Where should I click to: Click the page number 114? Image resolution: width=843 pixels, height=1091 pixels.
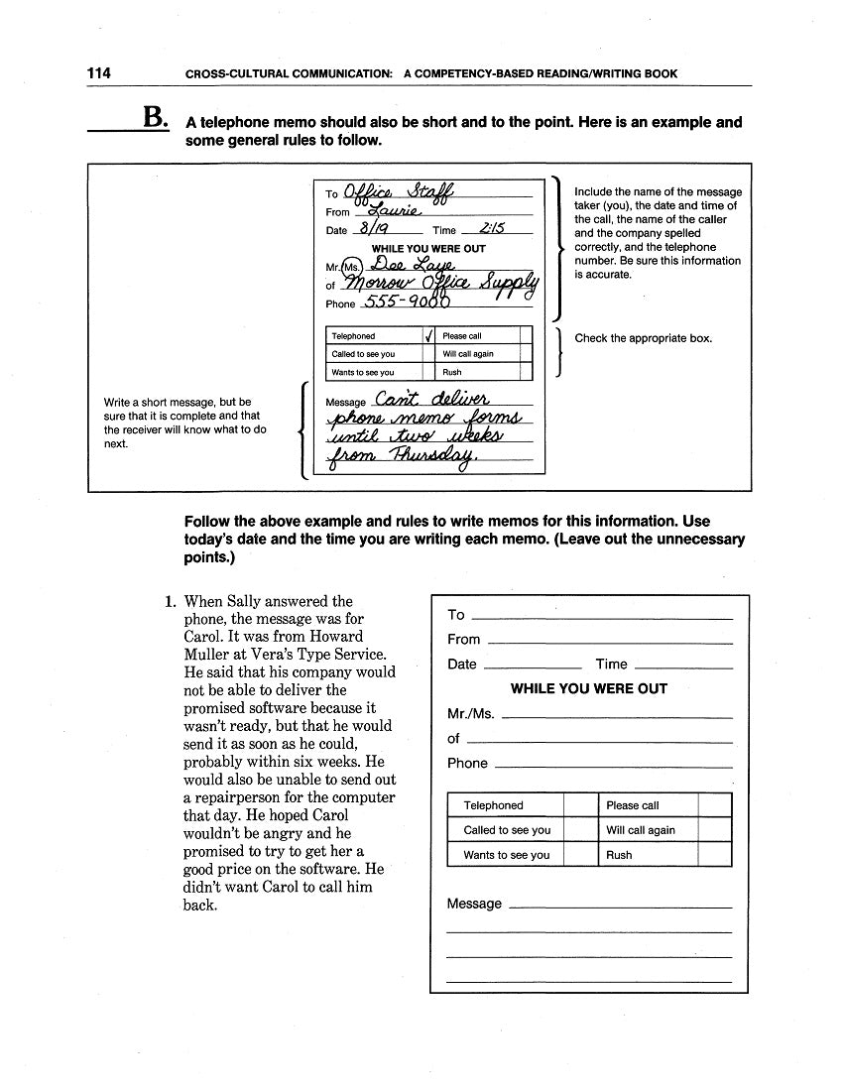[x=98, y=73]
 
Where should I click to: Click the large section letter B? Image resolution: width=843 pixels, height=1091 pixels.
[x=155, y=118]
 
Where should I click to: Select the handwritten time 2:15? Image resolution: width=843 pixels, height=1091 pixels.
[x=491, y=228]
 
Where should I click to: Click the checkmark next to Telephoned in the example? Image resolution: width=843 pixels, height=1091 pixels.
[x=428, y=335]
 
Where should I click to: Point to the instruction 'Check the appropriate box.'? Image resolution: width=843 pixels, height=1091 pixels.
[x=643, y=338]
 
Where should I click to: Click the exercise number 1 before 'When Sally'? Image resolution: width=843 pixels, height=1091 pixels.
[x=170, y=601]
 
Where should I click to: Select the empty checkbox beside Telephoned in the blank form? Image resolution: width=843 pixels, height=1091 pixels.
[x=577, y=805]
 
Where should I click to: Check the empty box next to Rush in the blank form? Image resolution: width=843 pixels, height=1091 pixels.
[x=715, y=854]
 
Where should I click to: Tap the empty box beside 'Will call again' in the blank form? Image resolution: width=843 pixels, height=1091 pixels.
[x=715, y=830]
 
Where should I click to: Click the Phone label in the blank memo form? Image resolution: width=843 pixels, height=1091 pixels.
[x=467, y=763]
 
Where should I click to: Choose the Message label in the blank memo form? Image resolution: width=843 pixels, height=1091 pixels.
[x=474, y=904]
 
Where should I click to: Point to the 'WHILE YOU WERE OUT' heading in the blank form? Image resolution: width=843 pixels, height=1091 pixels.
[x=588, y=688]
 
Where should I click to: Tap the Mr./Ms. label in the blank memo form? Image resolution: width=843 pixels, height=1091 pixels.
[x=471, y=713]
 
